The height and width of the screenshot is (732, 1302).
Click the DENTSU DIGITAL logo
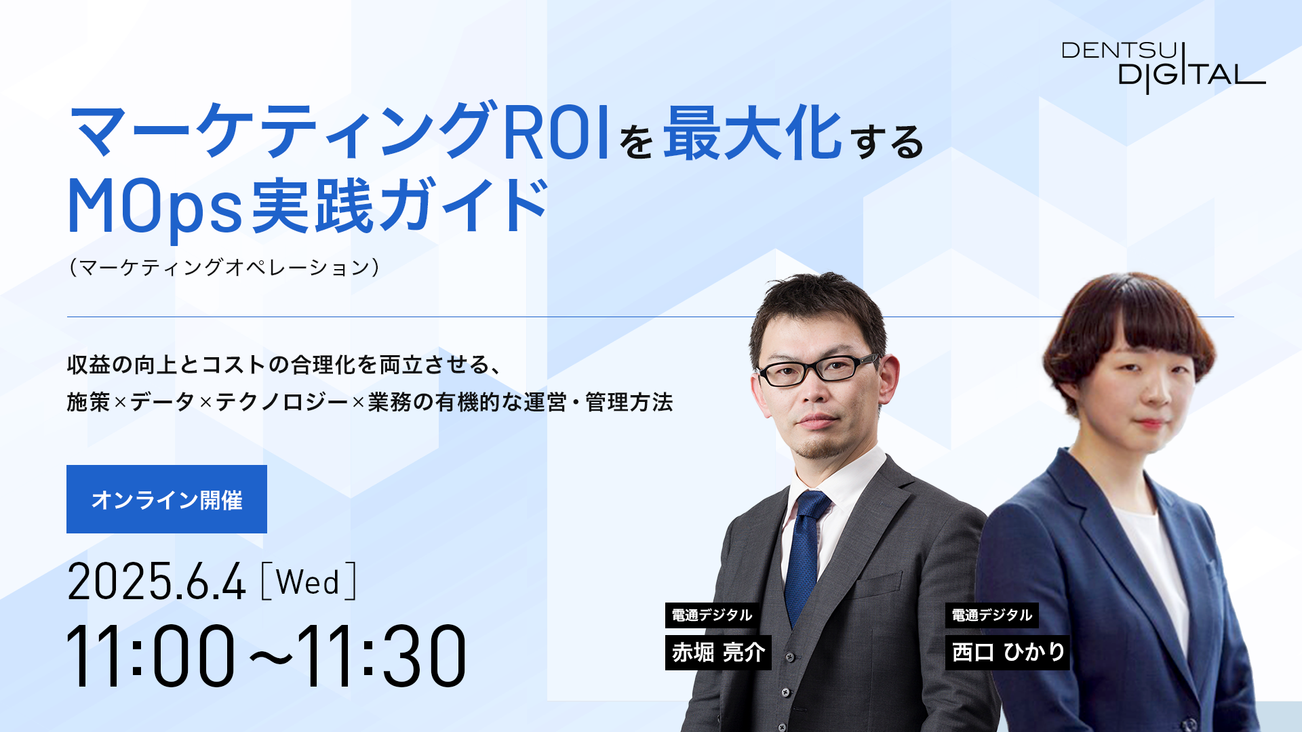click(x=1163, y=67)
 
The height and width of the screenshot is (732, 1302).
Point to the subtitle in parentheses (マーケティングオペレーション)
click(x=224, y=267)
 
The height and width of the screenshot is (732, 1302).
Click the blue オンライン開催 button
click(x=167, y=499)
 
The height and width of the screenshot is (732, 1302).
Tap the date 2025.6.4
click(x=156, y=582)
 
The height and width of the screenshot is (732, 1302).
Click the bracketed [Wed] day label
click(x=309, y=581)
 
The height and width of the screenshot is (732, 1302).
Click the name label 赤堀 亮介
click(x=718, y=652)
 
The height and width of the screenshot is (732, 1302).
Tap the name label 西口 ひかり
click(x=1007, y=652)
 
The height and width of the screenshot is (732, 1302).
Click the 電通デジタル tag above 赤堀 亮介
click(x=712, y=615)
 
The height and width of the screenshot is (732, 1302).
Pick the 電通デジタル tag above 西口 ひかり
click(x=992, y=615)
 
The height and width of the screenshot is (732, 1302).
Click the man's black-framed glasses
click(x=818, y=369)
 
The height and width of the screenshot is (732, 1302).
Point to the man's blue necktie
click(x=805, y=556)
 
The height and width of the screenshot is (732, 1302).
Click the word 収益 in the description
click(x=88, y=365)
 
